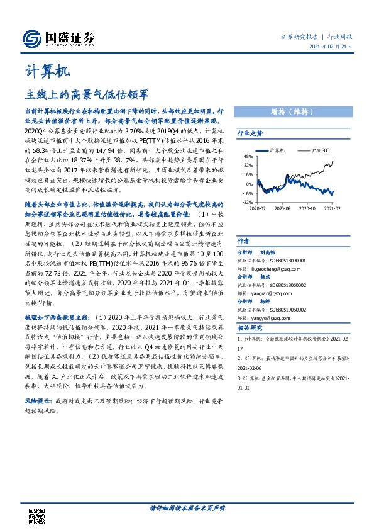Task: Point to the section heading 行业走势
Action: (250, 134)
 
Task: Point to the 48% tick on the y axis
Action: (249, 157)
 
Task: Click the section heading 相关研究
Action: (250, 329)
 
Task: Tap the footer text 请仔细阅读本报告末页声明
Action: (187, 507)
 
